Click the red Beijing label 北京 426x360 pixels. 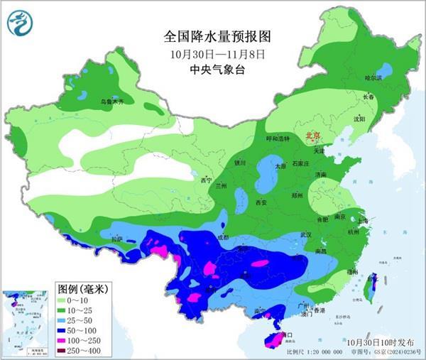point(312,133)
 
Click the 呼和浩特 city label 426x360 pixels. point(278,138)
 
